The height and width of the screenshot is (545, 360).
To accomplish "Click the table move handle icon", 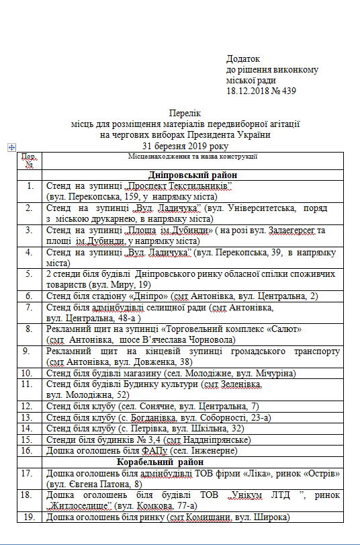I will (11, 147).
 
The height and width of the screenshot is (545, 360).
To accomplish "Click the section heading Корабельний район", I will (185, 462).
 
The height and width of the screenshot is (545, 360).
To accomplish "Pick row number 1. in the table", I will (30, 185).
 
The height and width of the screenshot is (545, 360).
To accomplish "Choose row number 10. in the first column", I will (30, 372).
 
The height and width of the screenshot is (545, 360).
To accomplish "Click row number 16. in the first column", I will (30, 450).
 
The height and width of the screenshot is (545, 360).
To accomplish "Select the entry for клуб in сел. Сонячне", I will (152, 407).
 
